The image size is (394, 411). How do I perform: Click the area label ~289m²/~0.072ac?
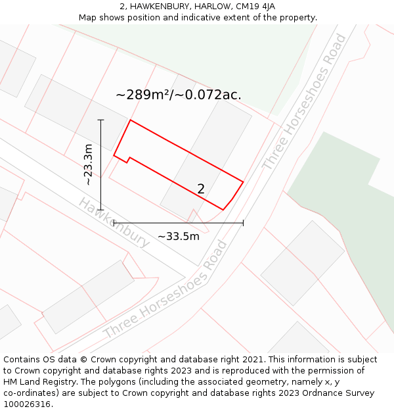[179, 95]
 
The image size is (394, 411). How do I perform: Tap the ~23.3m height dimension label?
[88, 164]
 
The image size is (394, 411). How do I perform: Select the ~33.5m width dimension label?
[179, 236]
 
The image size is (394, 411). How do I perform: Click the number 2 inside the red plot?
[201, 189]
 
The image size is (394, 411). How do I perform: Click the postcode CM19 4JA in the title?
[257, 7]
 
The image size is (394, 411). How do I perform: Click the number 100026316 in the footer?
[27, 404]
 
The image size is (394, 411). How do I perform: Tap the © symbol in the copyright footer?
[83, 360]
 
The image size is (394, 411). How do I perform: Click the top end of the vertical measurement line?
[100, 120]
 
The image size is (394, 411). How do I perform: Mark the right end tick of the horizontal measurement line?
[243, 223]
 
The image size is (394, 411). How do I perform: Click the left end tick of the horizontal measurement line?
[114, 223]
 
